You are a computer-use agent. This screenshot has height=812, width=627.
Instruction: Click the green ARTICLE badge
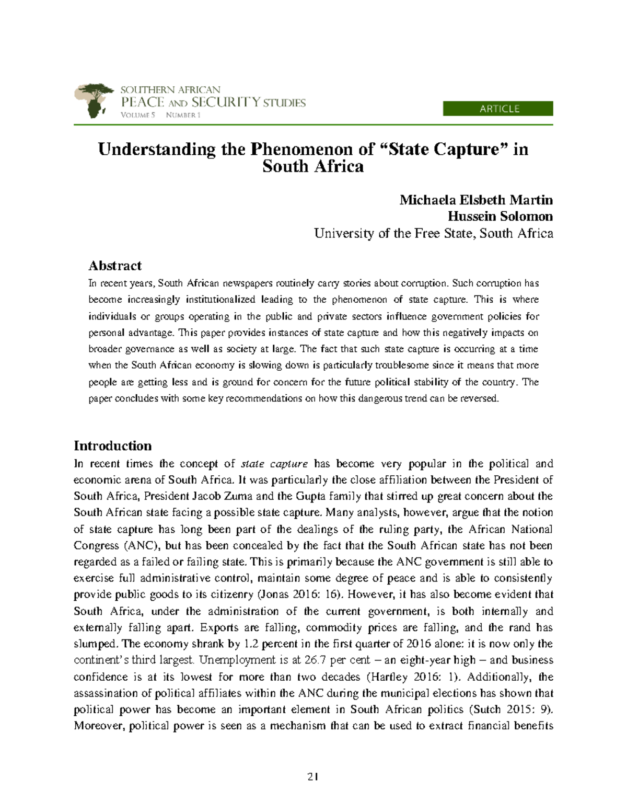497,109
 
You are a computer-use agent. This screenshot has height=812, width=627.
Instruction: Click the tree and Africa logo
94,100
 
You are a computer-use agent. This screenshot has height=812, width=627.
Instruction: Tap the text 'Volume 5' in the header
138,115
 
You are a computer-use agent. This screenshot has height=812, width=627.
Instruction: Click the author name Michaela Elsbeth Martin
475,200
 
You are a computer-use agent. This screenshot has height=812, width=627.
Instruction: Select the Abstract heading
115,266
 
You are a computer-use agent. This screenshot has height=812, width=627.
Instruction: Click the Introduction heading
112,445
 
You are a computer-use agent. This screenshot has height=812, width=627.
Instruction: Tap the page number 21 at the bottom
313,777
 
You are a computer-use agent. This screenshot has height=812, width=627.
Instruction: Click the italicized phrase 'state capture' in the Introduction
274,464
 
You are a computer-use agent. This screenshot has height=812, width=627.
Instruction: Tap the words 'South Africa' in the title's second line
313,167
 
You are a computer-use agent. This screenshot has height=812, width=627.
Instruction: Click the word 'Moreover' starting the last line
99,726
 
